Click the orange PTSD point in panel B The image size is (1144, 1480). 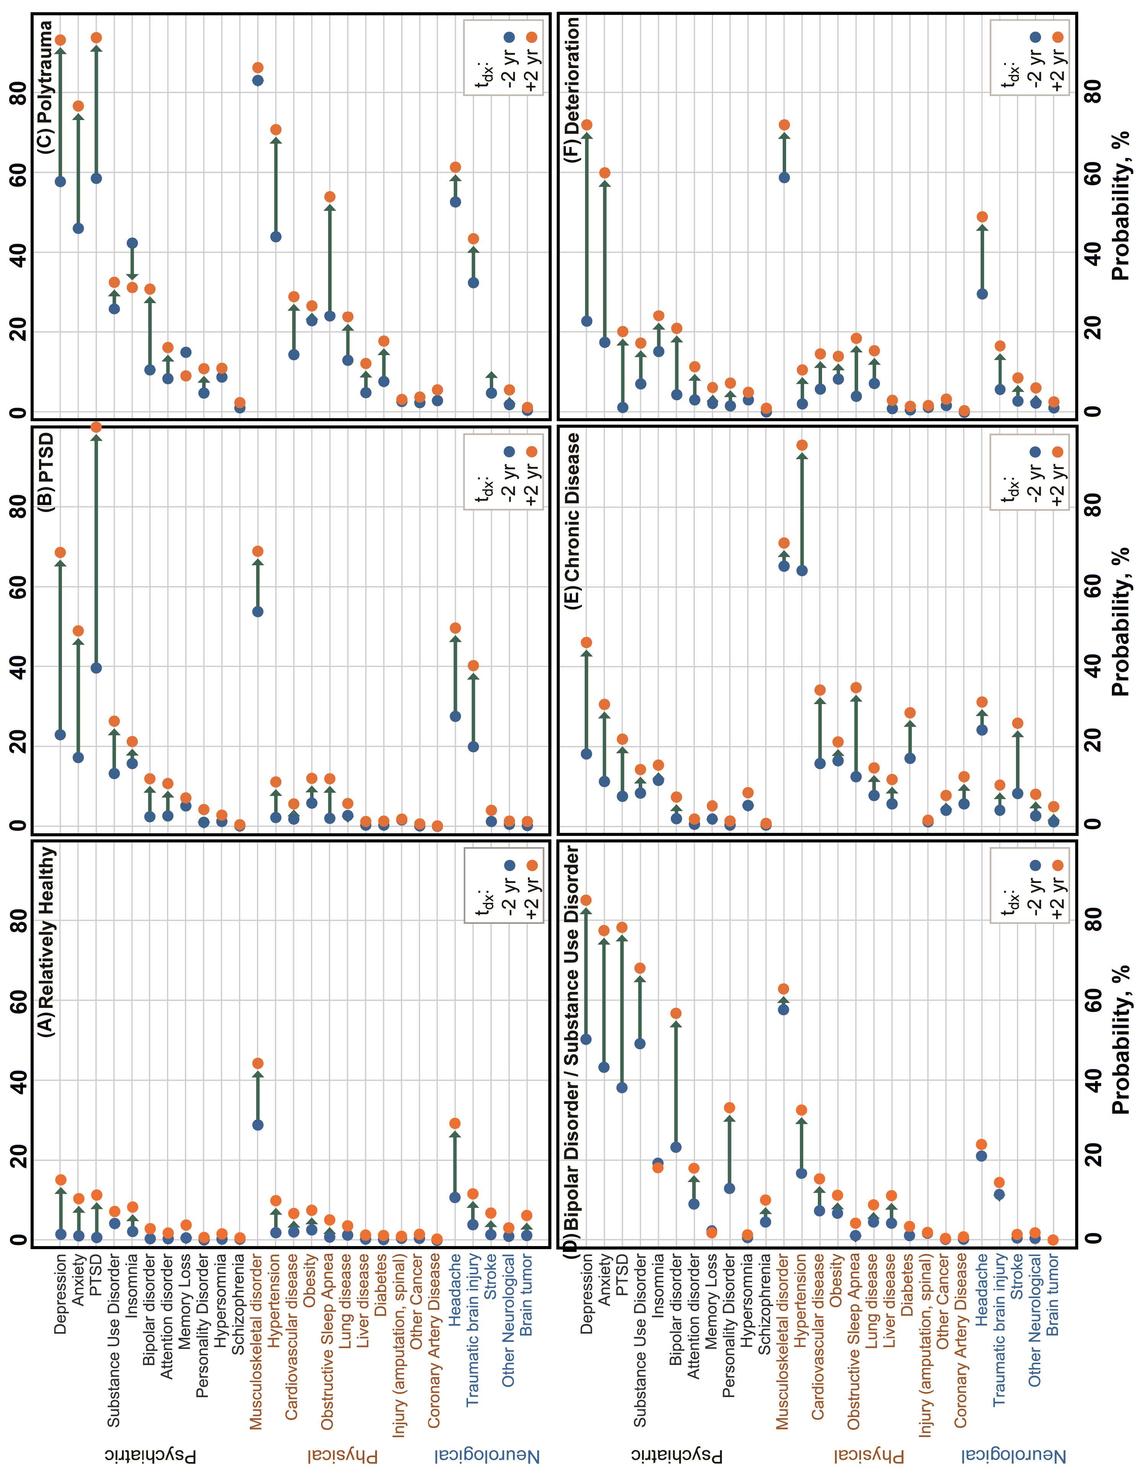tap(96, 427)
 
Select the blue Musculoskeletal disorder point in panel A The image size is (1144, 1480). tap(258, 1125)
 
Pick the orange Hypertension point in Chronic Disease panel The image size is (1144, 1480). tap(802, 445)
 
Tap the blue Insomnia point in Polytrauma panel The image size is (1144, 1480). tap(132, 243)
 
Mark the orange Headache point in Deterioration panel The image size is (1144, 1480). tap(982, 217)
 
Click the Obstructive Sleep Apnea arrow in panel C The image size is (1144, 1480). tap(329, 258)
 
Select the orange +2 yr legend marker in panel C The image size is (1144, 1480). tap(531, 37)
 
